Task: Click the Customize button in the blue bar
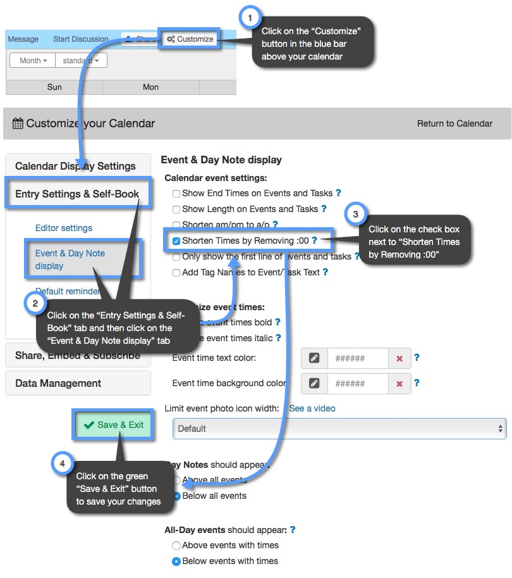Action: click(x=190, y=39)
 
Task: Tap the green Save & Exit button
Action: click(x=114, y=425)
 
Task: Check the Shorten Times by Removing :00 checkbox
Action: click(x=177, y=241)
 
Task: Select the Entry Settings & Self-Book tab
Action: click(x=77, y=194)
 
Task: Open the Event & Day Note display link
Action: click(x=70, y=259)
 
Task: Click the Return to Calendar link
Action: click(x=454, y=123)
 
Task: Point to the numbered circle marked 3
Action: click(x=355, y=215)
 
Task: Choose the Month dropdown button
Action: click(x=33, y=61)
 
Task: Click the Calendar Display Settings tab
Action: click(x=75, y=166)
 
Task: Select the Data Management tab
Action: click(x=58, y=383)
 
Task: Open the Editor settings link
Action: click(x=64, y=228)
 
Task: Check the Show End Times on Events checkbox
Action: click(x=177, y=194)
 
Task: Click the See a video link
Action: click(x=312, y=408)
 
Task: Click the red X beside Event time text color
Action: click(x=399, y=358)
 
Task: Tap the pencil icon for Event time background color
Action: click(x=314, y=383)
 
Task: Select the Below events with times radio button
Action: click(x=177, y=561)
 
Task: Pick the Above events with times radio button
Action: click(x=177, y=545)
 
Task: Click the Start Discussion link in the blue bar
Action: click(x=81, y=39)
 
